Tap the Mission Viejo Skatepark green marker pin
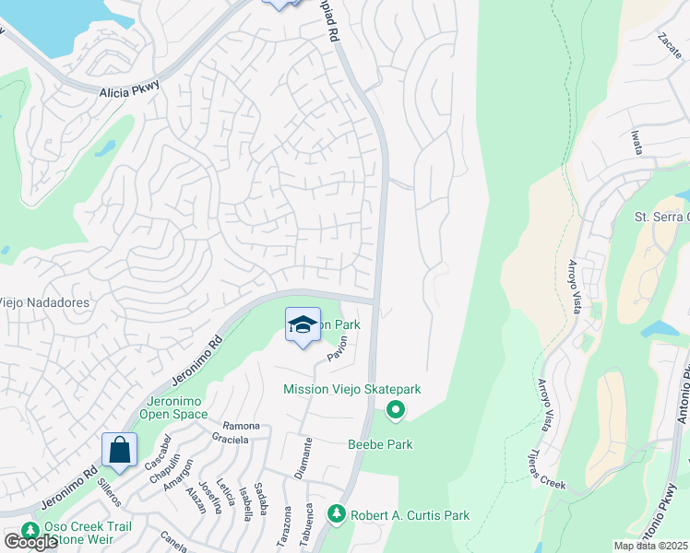(396, 410)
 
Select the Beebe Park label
(380, 444)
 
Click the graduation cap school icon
(303, 325)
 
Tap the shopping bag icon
(120, 451)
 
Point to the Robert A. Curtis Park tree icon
(338, 512)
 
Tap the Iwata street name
(636, 146)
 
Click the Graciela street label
(229, 440)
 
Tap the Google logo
(30, 542)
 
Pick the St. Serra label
(660, 217)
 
